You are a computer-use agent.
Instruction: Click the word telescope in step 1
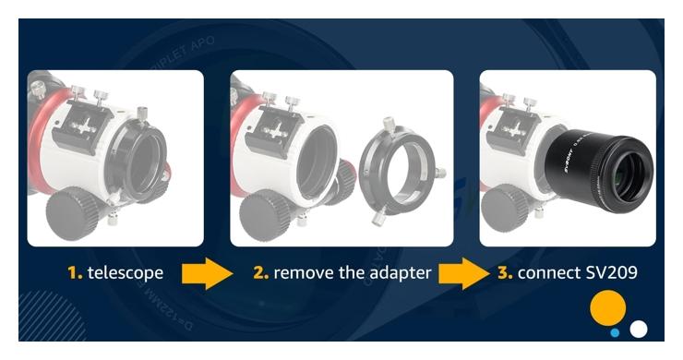point(126,273)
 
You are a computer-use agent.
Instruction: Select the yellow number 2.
point(260,273)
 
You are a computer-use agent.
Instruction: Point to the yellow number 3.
point(505,273)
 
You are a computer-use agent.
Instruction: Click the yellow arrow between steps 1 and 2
point(207,273)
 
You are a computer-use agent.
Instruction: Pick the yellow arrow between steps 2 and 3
point(463,273)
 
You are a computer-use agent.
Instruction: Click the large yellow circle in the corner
point(607,307)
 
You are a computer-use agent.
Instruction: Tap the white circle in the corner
point(639,329)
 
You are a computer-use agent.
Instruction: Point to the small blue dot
point(615,333)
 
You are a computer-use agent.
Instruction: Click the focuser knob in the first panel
point(72,212)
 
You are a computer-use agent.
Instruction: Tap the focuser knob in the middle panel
point(265,214)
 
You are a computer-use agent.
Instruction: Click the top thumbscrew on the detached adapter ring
point(388,125)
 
